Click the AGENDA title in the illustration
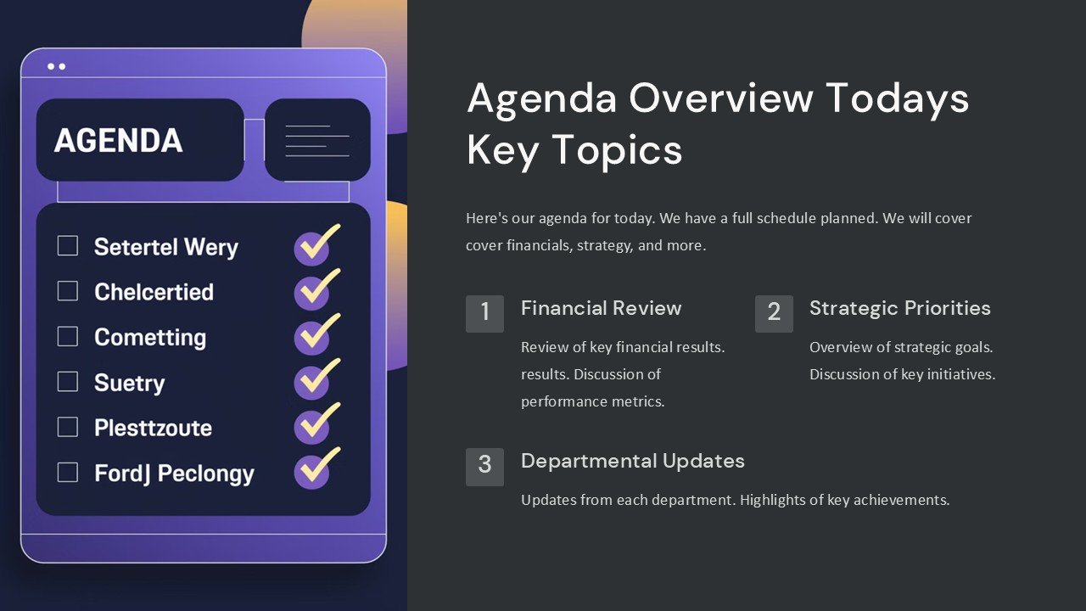point(118,141)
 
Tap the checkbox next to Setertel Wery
point(68,246)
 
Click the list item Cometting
point(150,337)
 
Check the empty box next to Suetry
point(68,382)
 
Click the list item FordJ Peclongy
point(174,473)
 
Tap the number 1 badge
point(484,313)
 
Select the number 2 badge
point(774,313)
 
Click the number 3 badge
point(484,466)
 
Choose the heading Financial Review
point(601,308)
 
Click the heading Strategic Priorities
point(899,308)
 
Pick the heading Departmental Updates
point(632,461)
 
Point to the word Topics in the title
point(618,150)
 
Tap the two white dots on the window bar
point(57,66)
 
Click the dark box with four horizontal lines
point(317,140)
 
